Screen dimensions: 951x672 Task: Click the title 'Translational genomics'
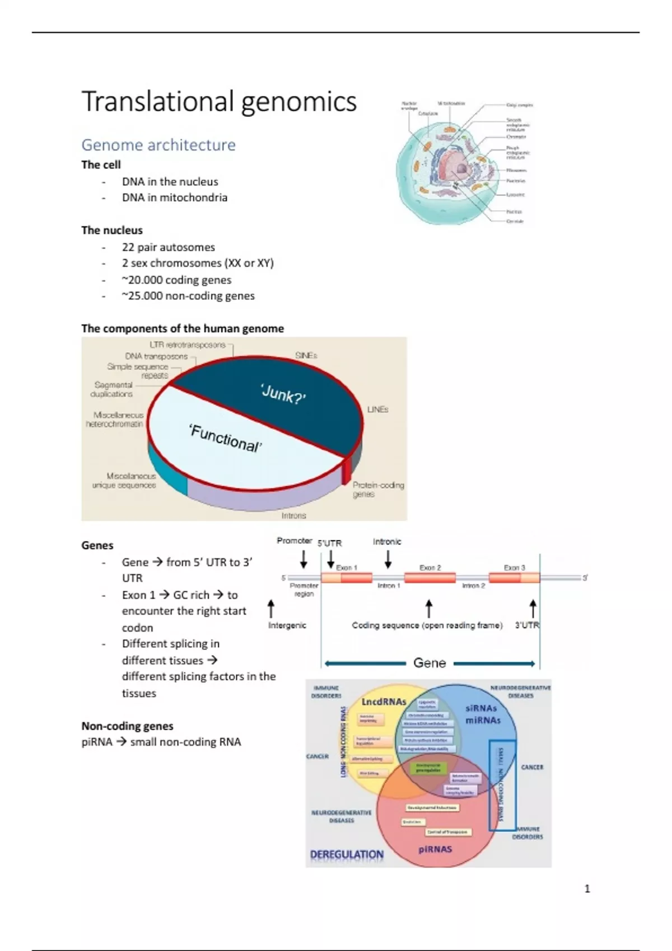[219, 102]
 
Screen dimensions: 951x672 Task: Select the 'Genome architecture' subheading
[158, 145]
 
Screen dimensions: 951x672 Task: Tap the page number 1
[587, 888]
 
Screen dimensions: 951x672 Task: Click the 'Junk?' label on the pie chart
[283, 395]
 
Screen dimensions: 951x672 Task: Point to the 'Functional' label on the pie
[225, 438]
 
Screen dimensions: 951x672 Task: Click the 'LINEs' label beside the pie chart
[378, 409]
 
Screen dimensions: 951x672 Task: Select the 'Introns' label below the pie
[294, 515]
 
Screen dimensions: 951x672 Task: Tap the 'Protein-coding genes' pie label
[378, 489]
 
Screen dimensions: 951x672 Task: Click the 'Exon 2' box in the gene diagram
[430, 577]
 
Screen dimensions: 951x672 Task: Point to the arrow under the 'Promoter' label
[304, 558]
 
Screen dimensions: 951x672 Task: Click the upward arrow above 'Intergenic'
[272, 609]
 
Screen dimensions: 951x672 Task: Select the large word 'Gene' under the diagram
[430, 663]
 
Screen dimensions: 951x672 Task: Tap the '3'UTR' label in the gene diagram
[527, 625]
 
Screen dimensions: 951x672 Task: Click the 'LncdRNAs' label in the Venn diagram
[384, 702]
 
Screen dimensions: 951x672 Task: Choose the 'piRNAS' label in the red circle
[435, 849]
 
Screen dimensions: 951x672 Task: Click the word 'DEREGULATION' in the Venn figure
[347, 855]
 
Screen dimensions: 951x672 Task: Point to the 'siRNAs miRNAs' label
[483, 714]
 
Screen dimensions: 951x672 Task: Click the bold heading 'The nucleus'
[112, 230]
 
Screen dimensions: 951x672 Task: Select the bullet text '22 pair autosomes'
[168, 247]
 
